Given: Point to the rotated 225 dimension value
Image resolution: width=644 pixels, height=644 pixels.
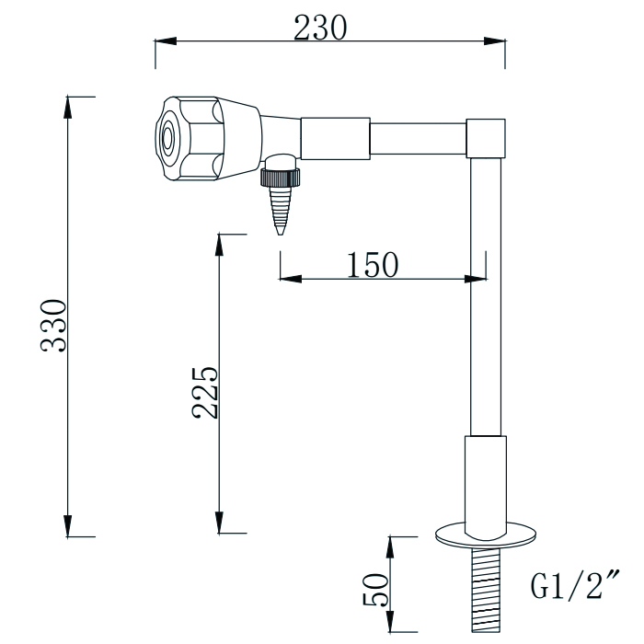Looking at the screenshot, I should (204, 393).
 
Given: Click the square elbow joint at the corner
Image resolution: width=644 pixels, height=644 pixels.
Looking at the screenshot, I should (485, 138).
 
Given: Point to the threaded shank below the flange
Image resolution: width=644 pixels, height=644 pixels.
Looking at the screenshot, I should (485, 589).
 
